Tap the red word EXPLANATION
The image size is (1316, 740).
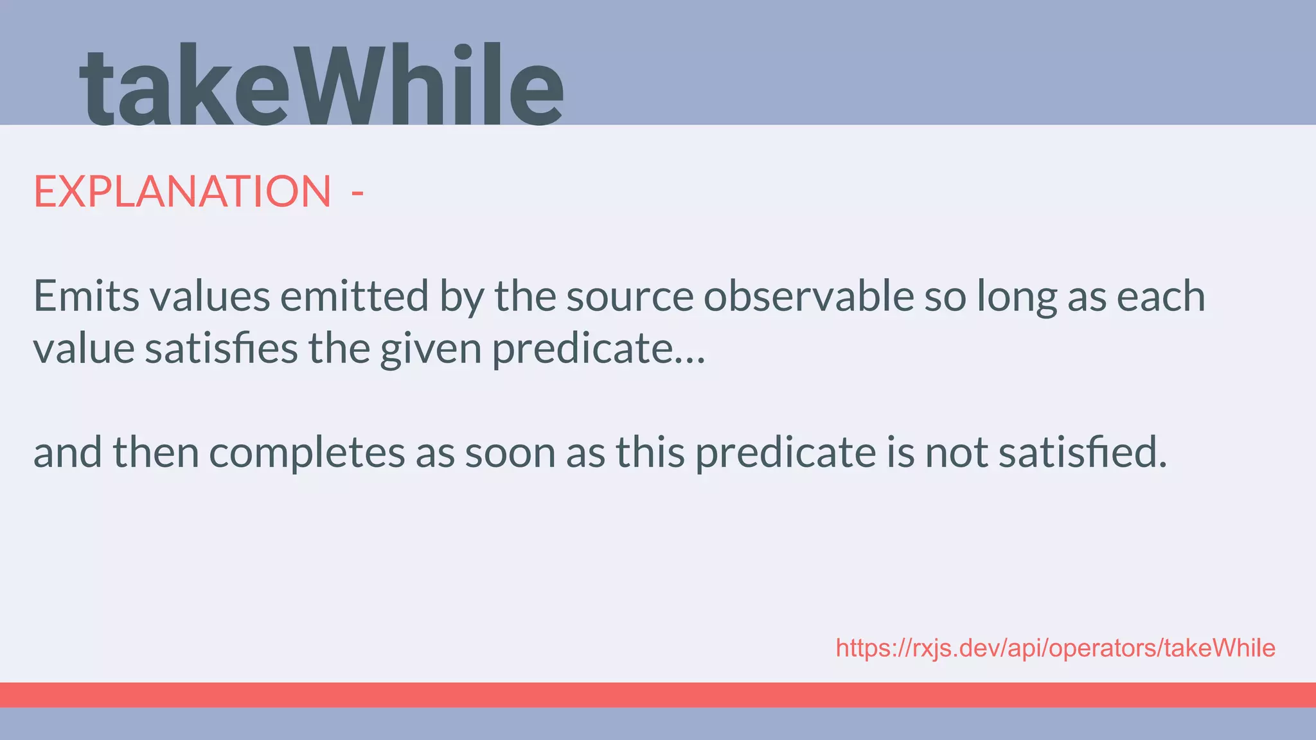coord(182,191)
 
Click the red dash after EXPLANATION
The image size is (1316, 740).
coord(358,192)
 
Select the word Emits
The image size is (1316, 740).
coord(86,296)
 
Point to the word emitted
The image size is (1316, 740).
coord(354,296)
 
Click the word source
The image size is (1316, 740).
coord(629,297)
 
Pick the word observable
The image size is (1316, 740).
coord(809,296)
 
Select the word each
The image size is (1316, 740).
coord(1160,296)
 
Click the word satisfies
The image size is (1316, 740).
coord(221,349)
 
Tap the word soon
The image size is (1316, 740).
coord(510,453)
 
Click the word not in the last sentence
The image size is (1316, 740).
coord(956,453)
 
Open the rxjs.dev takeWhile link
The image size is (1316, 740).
coord(1055,648)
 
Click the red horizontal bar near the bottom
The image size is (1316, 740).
coord(658,695)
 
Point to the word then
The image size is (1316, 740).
coord(156,453)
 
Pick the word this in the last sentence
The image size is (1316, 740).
coord(650,453)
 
